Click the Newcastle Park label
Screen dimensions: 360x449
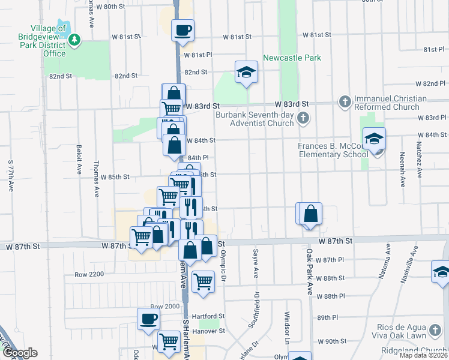[292, 58]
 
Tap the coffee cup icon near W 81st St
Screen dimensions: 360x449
[182, 29]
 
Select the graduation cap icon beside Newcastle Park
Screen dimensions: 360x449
[245, 73]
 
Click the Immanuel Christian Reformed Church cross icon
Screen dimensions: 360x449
[345, 102]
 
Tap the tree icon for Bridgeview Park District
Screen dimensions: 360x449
[74, 40]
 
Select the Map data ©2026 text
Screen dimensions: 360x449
[423, 355]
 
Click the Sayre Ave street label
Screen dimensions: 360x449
[256, 264]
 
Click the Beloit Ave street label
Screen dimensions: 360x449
[79, 160]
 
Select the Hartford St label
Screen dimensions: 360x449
[212, 316]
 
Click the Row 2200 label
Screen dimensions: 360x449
[89, 274]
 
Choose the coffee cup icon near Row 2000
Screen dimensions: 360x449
[148, 320]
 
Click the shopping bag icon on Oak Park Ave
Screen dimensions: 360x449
[311, 214]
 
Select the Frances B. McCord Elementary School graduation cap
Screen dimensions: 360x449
[374, 140]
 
